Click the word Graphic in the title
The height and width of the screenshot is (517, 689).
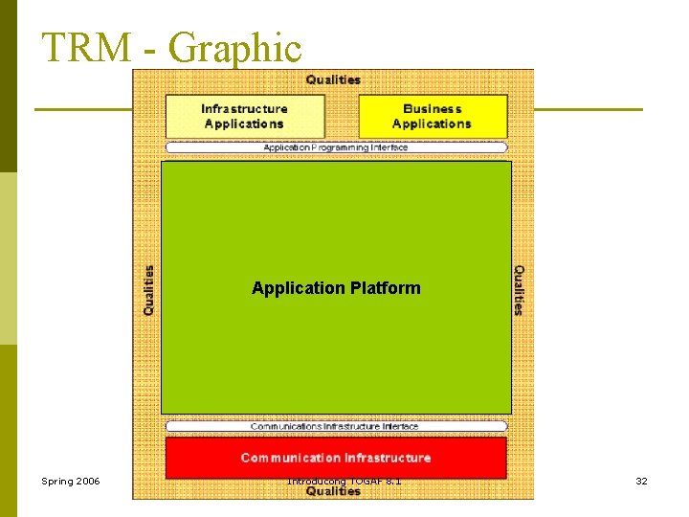234,48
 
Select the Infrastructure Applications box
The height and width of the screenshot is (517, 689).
245,116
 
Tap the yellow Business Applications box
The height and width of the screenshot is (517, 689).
433,116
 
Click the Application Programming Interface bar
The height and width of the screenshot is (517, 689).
336,147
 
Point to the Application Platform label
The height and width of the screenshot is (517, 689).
336,288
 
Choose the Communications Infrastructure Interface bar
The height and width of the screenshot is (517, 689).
336,426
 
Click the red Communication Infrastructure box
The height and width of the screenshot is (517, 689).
336,458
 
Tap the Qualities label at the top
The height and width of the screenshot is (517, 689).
333,79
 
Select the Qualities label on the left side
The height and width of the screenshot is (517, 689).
149,290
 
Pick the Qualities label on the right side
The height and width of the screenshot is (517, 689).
519,290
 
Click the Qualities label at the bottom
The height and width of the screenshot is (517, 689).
333,491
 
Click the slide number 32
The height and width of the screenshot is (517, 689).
641,481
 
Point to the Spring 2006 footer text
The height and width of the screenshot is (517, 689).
71,481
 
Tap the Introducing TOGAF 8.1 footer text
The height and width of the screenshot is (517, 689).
344,480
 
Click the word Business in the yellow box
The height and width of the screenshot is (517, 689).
433,109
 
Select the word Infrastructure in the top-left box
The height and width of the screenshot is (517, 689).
245,109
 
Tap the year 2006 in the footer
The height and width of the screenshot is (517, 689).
86,481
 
